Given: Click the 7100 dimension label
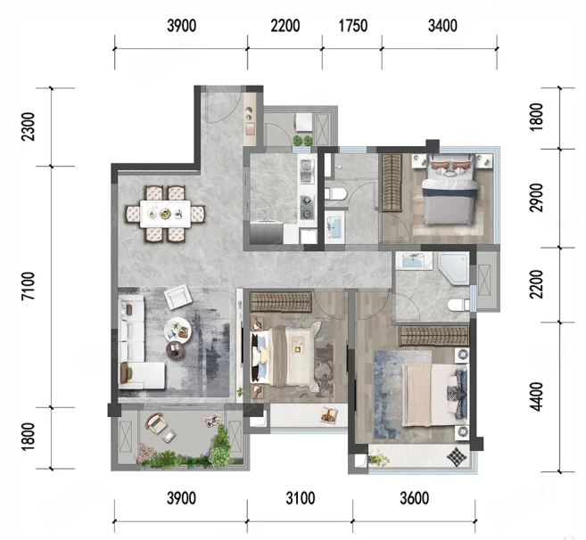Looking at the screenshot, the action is pyautogui.click(x=29, y=286).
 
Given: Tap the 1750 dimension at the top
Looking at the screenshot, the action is pyautogui.click(x=353, y=26).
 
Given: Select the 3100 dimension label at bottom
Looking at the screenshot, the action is pyautogui.click(x=300, y=498).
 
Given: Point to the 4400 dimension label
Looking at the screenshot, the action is pyautogui.click(x=536, y=397).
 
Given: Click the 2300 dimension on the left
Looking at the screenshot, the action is pyautogui.click(x=29, y=127).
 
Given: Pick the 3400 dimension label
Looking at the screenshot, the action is pyautogui.click(x=442, y=26).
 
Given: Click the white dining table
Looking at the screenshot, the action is pyautogui.click(x=165, y=214).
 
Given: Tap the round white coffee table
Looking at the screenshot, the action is pyautogui.click(x=177, y=330).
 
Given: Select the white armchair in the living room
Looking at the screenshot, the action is pyautogui.click(x=177, y=297).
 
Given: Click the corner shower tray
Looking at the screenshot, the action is pyautogui.click(x=453, y=268).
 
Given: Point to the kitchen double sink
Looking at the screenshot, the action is pyautogui.click(x=307, y=171).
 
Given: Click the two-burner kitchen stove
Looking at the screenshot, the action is pyautogui.click(x=307, y=208).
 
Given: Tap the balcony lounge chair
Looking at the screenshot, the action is pyautogui.click(x=157, y=424).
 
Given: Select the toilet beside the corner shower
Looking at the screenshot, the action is pyautogui.click(x=458, y=306).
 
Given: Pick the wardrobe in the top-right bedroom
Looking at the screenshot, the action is pyautogui.click(x=392, y=183).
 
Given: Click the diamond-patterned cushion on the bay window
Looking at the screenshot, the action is pyautogui.click(x=457, y=456).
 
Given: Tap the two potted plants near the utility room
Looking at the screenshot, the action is pyautogui.click(x=302, y=141).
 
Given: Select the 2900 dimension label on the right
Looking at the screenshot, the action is pyautogui.click(x=536, y=198).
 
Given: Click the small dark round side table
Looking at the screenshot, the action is pyautogui.click(x=176, y=350).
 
